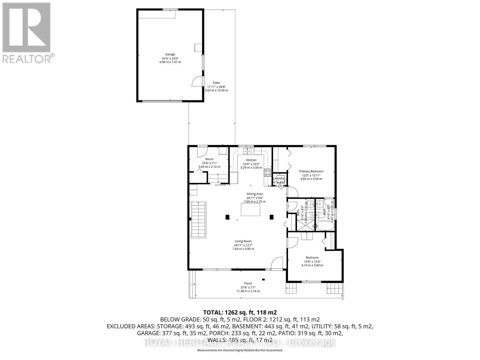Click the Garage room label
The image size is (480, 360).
(170, 54)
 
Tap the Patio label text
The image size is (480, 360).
(216, 83)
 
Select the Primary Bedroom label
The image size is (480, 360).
(311, 171)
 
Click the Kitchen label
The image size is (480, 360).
(251, 160)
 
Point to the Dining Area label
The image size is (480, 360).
(254, 194)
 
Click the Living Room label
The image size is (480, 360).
(243, 241)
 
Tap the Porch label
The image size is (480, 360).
(248, 283)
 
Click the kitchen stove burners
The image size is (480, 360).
(268, 172)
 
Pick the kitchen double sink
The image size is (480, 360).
(247, 151)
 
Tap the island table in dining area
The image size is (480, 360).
(250, 209)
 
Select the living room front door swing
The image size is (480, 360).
(277, 263)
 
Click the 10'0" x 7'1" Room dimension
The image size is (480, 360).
(209, 163)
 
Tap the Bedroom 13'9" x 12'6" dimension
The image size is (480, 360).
(312, 261)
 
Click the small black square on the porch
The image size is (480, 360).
(263, 280)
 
